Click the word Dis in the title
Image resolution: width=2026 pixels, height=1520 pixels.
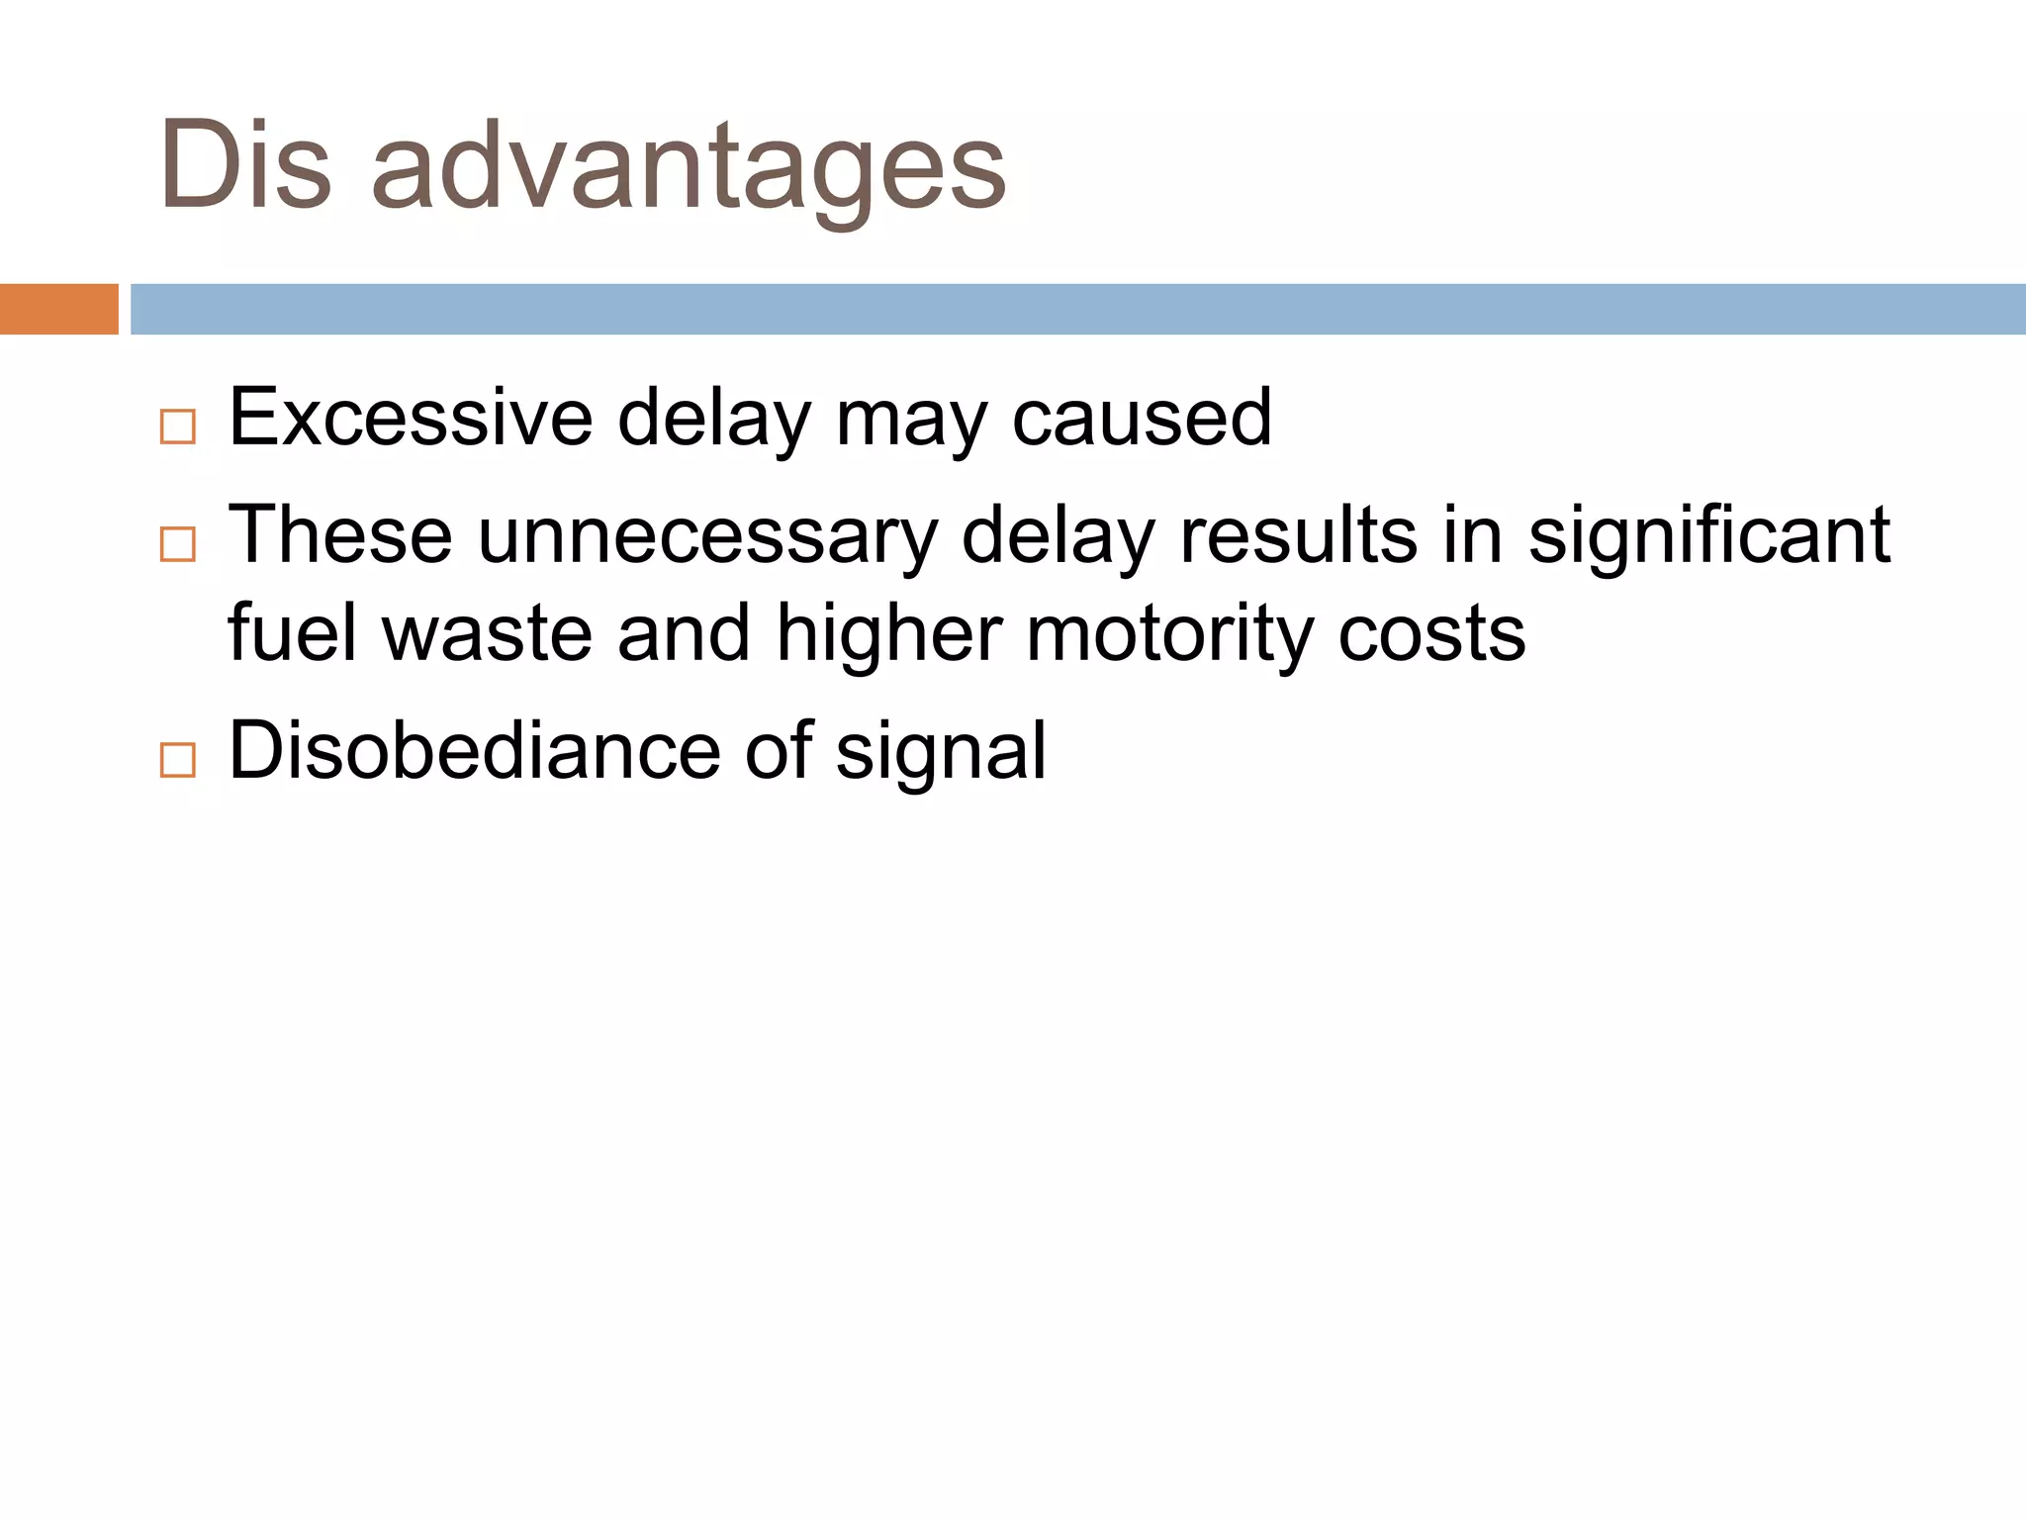point(245,165)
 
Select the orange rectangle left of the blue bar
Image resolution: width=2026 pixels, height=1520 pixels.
point(58,309)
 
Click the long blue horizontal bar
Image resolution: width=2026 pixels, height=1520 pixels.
point(1077,309)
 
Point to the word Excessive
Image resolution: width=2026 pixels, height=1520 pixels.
point(410,418)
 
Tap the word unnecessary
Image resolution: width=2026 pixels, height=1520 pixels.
point(707,536)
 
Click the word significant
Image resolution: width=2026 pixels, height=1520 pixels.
point(1709,536)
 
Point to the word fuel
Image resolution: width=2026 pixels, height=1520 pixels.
point(292,633)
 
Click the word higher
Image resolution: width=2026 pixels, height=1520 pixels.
point(889,635)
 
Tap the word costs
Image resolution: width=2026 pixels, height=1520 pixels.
point(1431,635)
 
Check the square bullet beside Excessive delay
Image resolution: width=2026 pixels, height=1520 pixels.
point(178,427)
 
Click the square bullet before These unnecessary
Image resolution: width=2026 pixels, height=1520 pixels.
point(178,544)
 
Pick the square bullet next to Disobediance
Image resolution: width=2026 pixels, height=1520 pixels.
point(178,760)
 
